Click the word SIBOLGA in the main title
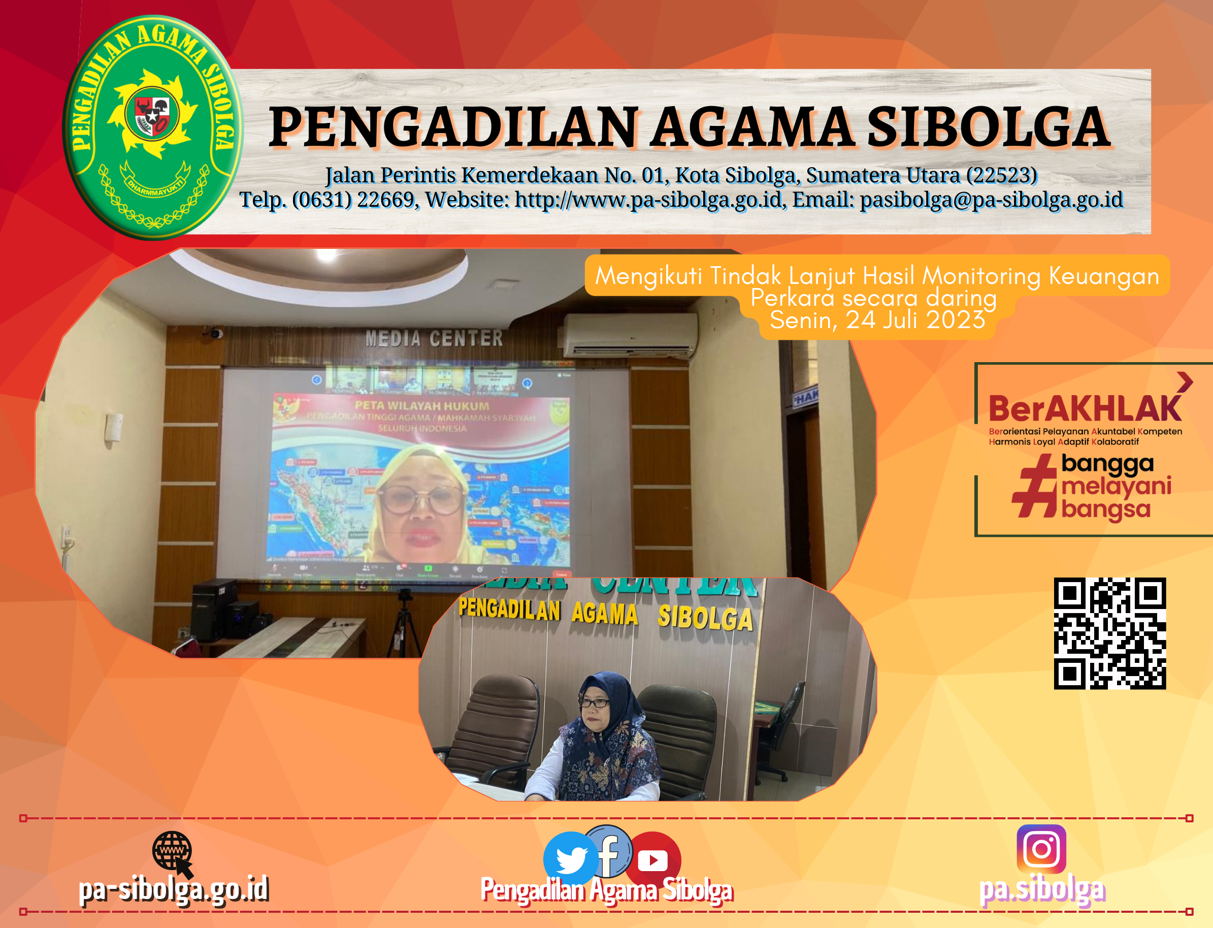coord(988,128)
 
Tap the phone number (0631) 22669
coord(353,200)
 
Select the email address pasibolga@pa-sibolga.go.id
coord(991,200)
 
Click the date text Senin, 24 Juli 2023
coord(877,320)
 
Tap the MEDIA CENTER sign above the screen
coord(434,338)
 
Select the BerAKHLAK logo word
coord(1085,409)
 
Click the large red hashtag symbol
coord(1035,486)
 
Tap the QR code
coord(1109,633)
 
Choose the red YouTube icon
coord(653,859)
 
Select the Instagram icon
coord(1041,848)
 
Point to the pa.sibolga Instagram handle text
coord(1042,890)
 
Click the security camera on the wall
coord(215,333)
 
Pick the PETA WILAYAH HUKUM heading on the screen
coord(422,406)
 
